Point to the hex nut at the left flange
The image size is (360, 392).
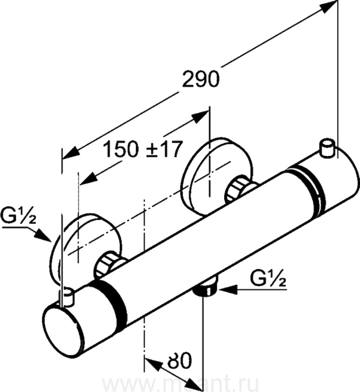coord(107,265)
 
